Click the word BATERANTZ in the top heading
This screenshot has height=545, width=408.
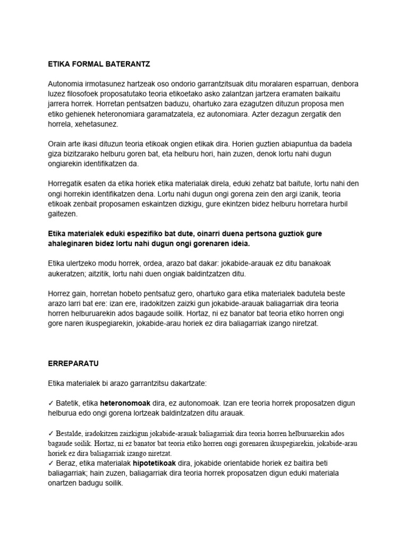click(126, 64)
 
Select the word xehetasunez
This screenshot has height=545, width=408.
click(101, 123)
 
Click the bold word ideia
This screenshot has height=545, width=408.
click(239, 243)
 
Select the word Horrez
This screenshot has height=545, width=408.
click(59, 293)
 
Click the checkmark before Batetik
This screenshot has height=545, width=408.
click(50, 403)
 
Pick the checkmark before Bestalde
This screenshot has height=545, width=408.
click(50, 434)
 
